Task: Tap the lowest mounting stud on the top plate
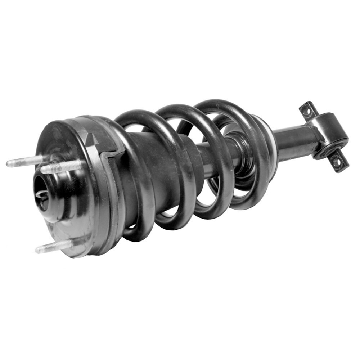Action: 54,247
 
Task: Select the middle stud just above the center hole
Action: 61,167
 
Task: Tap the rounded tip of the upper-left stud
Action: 8,164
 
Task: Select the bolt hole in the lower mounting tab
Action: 337,162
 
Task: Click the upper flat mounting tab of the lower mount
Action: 307,110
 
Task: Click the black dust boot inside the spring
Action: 158,158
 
